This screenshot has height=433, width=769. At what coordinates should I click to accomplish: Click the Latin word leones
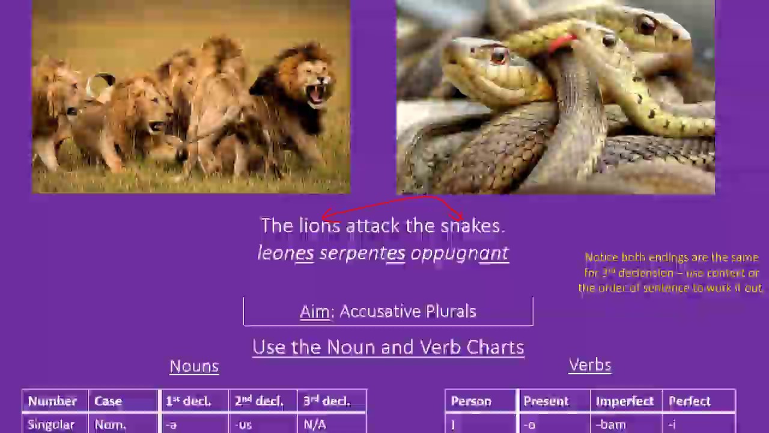tap(285, 253)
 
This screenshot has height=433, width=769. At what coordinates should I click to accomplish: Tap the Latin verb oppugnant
tap(460, 254)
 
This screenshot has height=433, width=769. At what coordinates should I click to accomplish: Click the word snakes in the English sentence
tap(472, 226)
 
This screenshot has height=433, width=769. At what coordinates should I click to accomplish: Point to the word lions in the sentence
tap(320, 226)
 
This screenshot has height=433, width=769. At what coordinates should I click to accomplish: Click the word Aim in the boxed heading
tap(315, 312)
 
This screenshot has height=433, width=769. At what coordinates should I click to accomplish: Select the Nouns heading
tap(194, 366)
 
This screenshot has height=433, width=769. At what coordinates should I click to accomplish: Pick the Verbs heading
tap(590, 365)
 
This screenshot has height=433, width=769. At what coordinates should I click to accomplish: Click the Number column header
tap(52, 401)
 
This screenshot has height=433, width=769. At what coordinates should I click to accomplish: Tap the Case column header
tap(108, 401)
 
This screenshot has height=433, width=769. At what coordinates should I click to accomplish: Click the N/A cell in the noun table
tap(315, 425)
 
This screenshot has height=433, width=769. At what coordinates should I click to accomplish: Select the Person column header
tap(471, 401)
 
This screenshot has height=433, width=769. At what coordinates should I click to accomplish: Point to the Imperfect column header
tap(625, 401)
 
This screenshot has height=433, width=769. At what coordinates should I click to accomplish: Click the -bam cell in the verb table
tap(611, 425)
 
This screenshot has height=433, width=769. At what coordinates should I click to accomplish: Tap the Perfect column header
tap(690, 401)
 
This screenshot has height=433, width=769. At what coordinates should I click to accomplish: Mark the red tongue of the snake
tap(563, 42)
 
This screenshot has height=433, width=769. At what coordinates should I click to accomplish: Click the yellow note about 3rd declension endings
tap(671, 272)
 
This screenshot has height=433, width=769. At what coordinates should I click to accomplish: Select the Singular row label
tap(51, 425)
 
